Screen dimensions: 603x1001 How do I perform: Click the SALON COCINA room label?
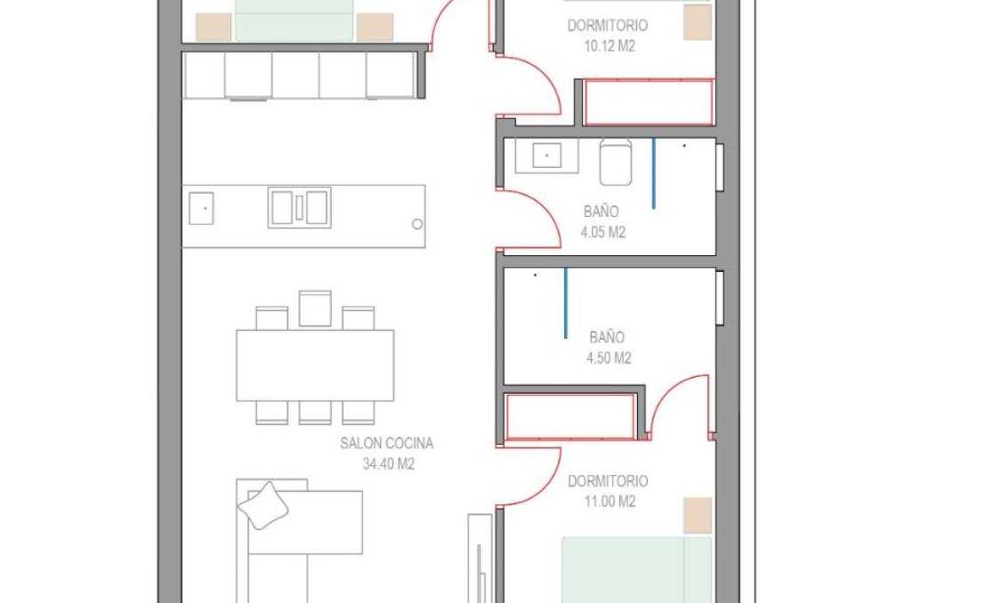tap(386, 443)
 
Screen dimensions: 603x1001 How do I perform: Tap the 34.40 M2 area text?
tap(389, 463)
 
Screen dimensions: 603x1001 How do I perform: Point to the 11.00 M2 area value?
tap(608, 502)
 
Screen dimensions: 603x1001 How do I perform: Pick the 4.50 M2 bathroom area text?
tap(610, 358)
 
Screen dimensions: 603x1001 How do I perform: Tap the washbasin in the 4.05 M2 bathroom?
tap(545, 156)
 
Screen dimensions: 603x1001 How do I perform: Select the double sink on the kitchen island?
tap(299, 207)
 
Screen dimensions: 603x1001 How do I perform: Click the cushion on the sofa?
tap(262, 506)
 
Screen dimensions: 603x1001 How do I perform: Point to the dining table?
tap(315, 366)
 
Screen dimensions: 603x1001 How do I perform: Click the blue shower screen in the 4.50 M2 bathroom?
tap(565, 303)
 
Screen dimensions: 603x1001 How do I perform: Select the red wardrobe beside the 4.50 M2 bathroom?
tap(570, 416)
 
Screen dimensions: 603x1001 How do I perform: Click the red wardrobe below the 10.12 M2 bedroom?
tap(650, 102)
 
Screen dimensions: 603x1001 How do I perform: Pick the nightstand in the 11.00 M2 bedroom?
tap(698, 516)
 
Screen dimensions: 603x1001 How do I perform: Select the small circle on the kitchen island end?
tap(416, 224)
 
